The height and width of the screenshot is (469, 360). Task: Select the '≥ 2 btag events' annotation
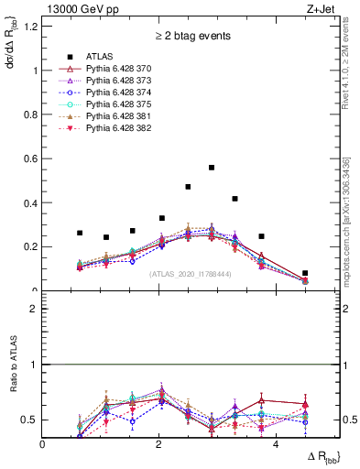(x=191, y=38)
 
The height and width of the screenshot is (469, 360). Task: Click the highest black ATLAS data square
(x=212, y=168)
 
